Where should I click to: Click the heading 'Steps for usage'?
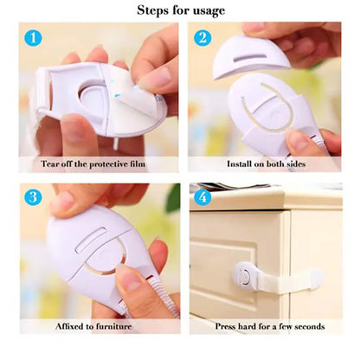pos(181,10)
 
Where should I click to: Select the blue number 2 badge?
pos(202,39)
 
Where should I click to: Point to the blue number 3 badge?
pos(33,196)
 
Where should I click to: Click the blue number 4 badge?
pos(202,196)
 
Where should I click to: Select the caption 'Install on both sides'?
pos(265,163)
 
